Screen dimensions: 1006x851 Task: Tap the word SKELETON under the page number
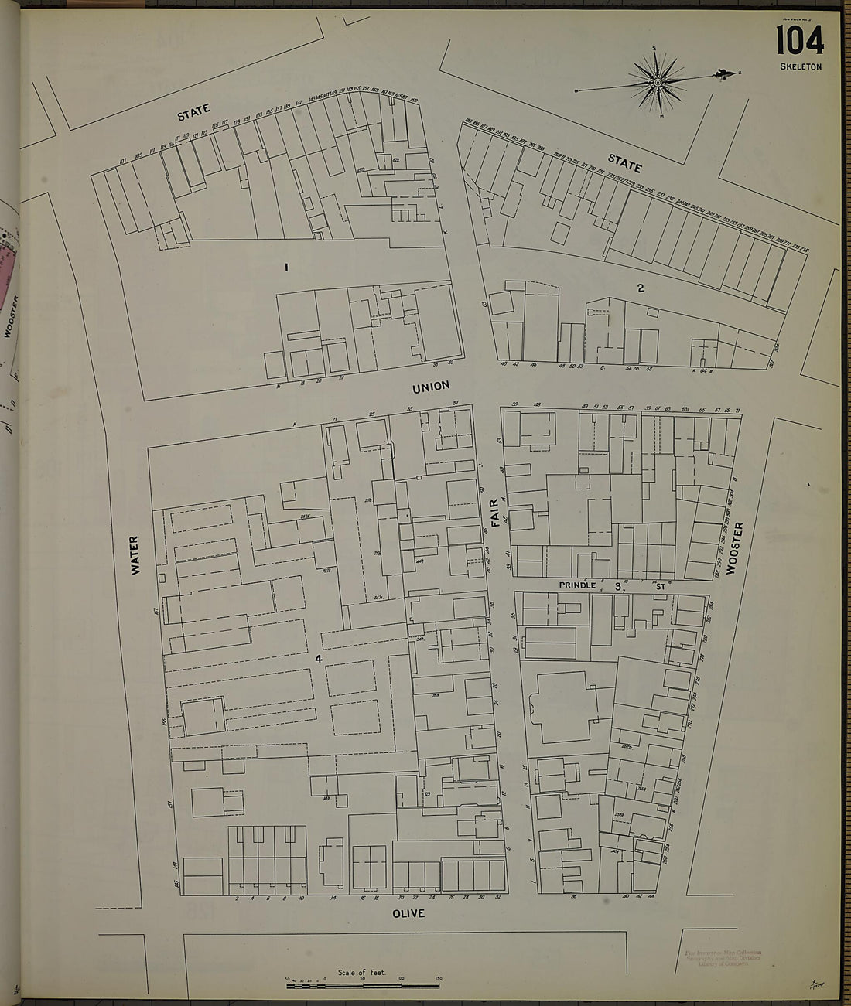click(801, 67)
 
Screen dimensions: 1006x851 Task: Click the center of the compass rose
click(657, 81)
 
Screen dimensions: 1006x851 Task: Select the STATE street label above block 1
click(193, 113)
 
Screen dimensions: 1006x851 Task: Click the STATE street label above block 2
click(624, 163)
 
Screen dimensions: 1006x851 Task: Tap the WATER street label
click(135, 555)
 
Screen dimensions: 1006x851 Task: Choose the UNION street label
click(431, 386)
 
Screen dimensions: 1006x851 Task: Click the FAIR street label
click(496, 513)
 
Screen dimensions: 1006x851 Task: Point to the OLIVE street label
click(408, 913)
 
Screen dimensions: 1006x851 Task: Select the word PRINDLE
click(578, 585)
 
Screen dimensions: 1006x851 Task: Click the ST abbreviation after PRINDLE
click(660, 586)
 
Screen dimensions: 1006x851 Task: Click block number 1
click(285, 268)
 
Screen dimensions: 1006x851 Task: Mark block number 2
click(641, 288)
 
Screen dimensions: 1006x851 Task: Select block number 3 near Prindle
click(618, 586)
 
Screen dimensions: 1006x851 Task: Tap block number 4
click(318, 659)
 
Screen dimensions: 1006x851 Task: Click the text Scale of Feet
click(361, 972)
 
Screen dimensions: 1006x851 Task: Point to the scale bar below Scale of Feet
click(363, 984)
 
